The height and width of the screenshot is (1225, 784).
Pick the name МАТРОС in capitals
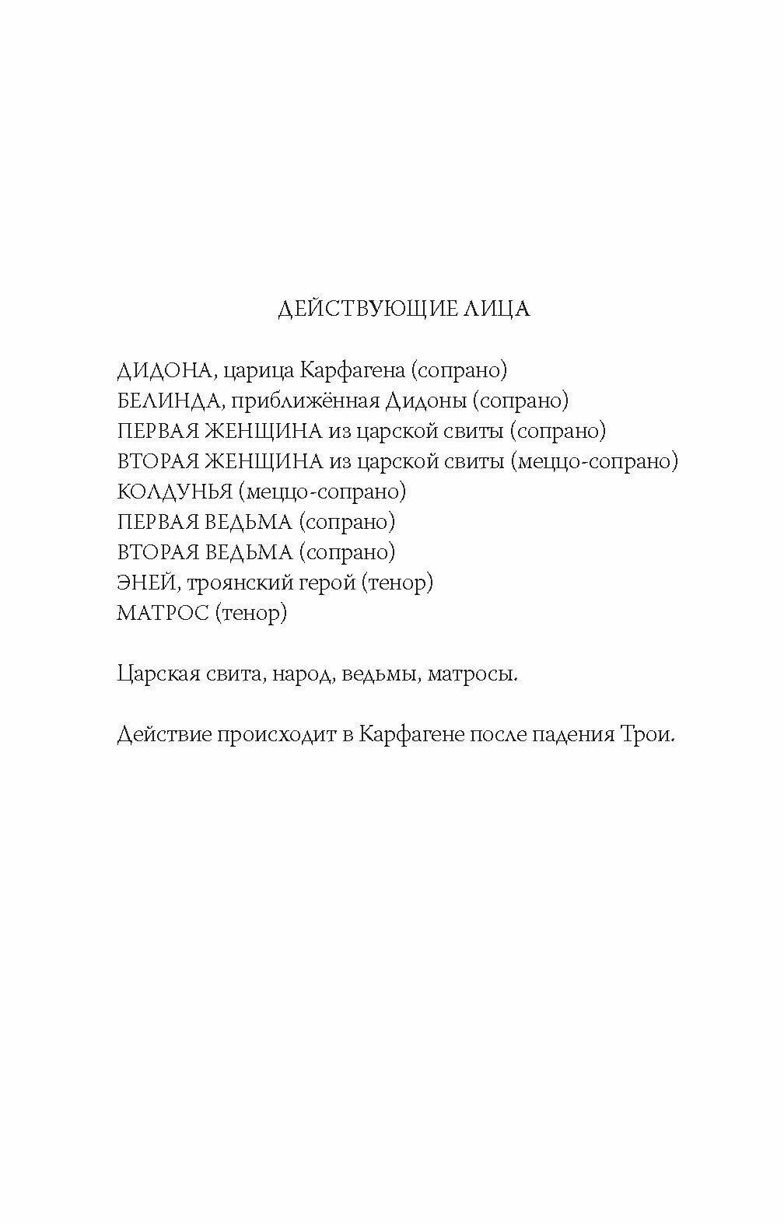tap(163, 613)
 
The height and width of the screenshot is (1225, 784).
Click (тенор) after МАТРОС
tap(250, 613)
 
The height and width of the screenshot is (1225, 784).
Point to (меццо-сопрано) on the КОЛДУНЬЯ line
tap(324, 492)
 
